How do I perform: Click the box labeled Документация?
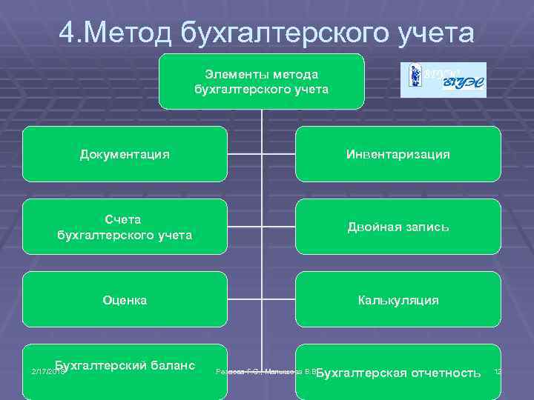tap(125, 154)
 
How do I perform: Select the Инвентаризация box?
tap(398, 154)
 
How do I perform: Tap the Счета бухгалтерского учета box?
tap(125, 227)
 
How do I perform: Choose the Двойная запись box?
tap(398, 227)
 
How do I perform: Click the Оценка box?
tap(125, 300)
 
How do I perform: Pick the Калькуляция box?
tap(398, 300)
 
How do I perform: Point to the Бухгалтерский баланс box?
tap(125, 367)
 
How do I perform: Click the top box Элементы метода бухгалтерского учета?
tap(261, 81)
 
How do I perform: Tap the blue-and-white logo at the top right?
tap(444, 80)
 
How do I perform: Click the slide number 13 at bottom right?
tap(497, 370)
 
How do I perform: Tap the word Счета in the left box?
tap(124, 220)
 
